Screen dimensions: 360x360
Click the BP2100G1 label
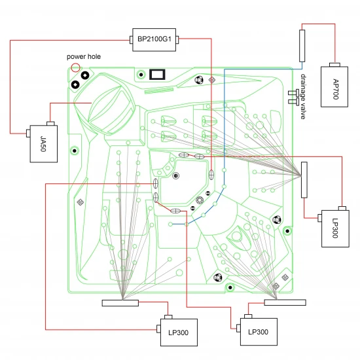pos(154,39)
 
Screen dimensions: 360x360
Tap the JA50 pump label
pos(43,144)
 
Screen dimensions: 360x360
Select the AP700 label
pos(336,89)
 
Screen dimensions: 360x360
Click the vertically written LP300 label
pos(335,228)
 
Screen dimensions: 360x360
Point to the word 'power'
pos(75,57)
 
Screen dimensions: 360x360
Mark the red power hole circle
pos(75,67)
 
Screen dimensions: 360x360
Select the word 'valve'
pos(303,111)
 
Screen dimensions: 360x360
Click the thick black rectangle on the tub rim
pos(157,75)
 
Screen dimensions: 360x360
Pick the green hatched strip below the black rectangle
pos(159,90)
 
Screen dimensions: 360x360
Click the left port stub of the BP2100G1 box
pos(131,40)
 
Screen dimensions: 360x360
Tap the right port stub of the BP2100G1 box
pos(177,39)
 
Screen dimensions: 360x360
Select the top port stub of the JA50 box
pos(50,124)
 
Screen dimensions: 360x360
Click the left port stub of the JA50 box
pos(28,134)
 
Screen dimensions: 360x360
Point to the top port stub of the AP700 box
pos(334,65)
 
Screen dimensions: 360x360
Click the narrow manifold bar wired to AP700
pos(302,46)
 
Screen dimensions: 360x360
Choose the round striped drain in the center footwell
pos(176,176)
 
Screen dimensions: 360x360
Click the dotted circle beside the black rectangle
pos(141,75)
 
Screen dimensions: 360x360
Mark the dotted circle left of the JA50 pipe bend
pos(75,151)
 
